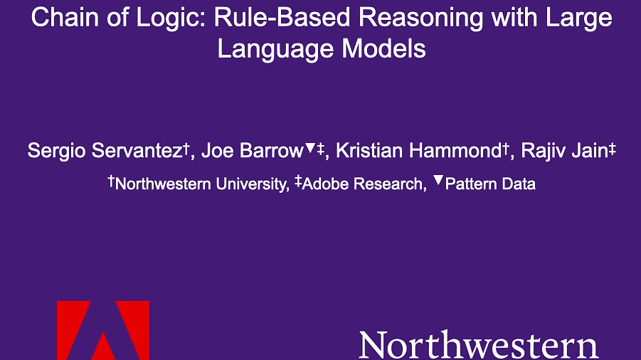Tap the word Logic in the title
[x=171, y=18]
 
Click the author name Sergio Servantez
[x=105, y=151]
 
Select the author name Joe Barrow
[x=253, y=150]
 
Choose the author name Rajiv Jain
[x=565, y=151]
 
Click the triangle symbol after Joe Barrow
[x=310, y=148]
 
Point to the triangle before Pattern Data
[x=438, y=180]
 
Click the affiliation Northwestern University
[x=201, y=184]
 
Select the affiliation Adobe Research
[x=362, y=184]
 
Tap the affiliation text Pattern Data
[x=490, y=184]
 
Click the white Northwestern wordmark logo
[x=479, y=344]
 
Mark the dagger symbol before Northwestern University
[x=111, y=181]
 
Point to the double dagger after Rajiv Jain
[x=612, y=149]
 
